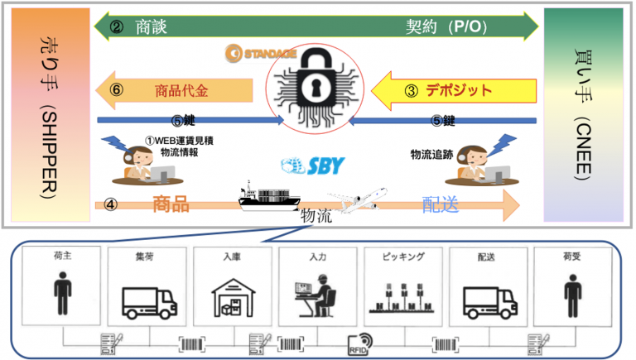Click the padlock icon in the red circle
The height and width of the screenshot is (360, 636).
316,88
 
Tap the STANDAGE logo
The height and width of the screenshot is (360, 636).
261,54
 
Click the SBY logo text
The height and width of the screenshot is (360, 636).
313,166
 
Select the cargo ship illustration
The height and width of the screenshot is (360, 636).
269,196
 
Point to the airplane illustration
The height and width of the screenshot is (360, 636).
358,200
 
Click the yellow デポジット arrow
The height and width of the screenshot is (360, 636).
454,91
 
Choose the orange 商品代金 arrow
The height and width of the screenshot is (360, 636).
174,90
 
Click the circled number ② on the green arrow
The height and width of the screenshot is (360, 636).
117,27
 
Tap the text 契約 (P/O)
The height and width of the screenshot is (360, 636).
446,26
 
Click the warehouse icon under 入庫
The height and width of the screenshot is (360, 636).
234,298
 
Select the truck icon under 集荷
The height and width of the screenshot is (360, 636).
149,303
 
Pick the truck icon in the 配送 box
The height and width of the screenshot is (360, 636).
490,303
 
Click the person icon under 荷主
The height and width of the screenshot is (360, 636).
62,293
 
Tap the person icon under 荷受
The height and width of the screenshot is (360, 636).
573,295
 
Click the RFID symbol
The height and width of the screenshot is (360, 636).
359,343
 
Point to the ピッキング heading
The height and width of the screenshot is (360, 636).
403,257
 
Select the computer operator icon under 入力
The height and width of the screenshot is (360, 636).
316,295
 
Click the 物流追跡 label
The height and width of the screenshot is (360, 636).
431,155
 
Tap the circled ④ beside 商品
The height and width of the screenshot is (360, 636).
111,204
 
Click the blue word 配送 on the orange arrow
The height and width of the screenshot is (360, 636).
440,204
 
